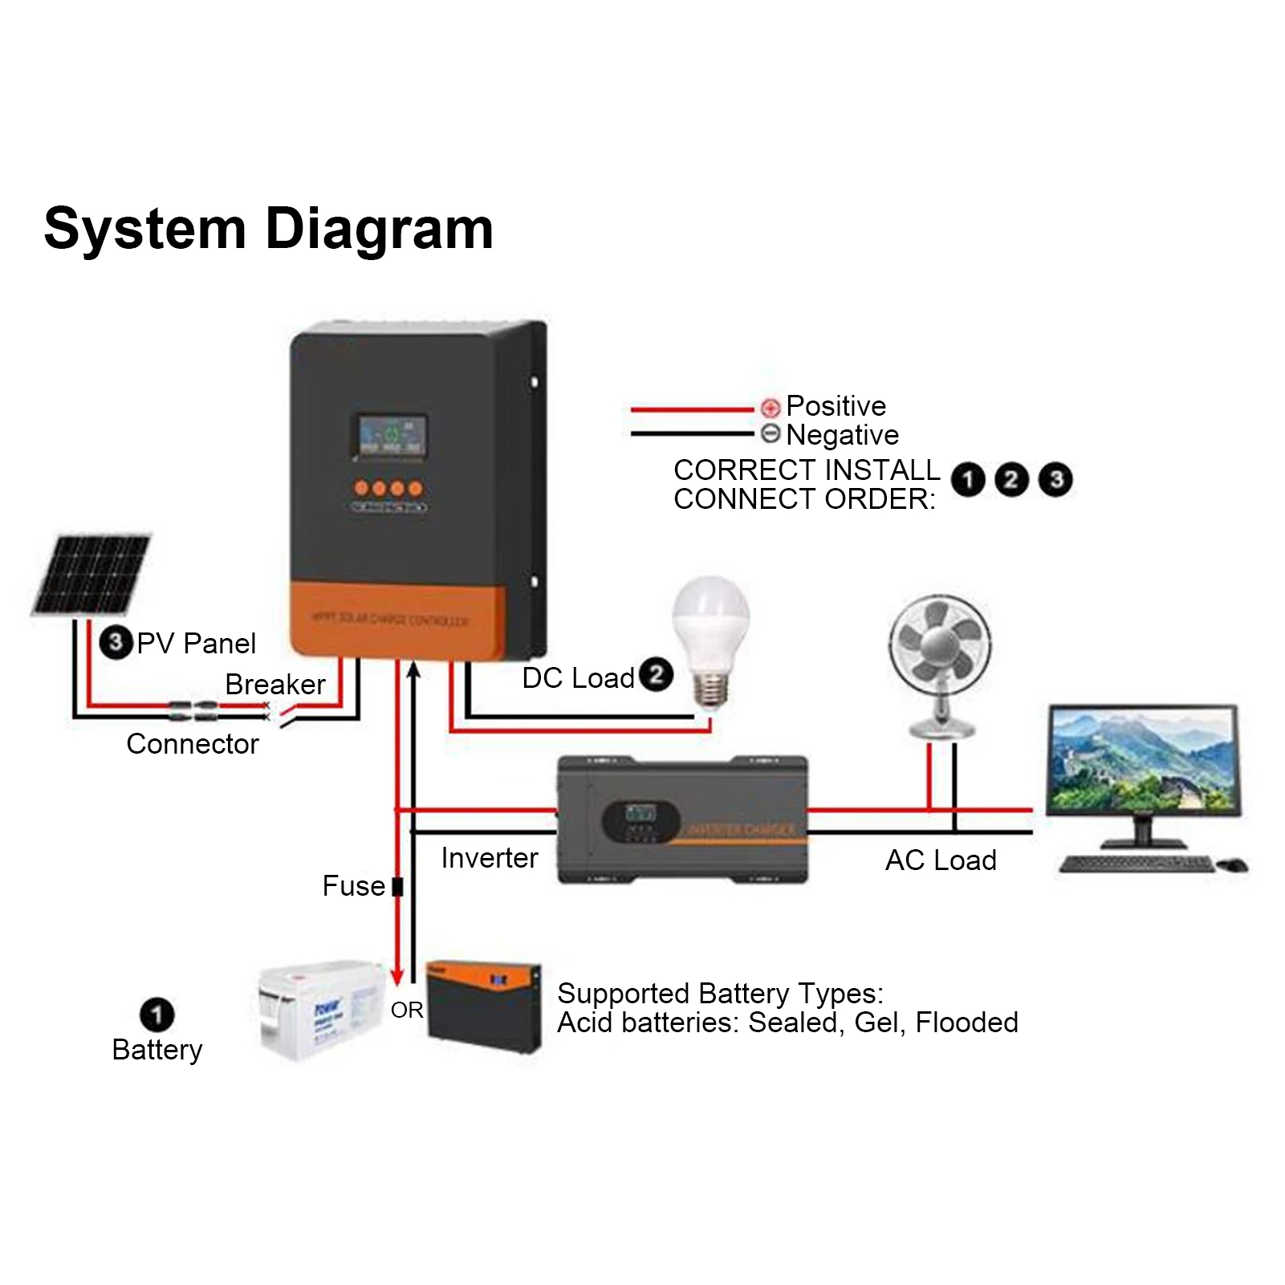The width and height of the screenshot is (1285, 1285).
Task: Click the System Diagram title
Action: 268,230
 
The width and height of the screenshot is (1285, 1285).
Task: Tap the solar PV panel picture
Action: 91,575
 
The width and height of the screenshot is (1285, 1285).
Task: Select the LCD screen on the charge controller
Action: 391,437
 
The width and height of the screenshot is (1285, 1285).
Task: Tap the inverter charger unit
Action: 683,819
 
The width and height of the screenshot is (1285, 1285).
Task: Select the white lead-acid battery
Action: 321,1011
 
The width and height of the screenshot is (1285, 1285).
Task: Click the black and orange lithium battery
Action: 484,1006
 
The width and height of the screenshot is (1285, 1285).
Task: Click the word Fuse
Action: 353,886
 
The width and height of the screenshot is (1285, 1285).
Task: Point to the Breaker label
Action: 274,685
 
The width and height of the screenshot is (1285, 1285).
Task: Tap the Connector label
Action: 193,744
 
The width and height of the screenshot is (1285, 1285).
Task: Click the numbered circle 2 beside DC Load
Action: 656,675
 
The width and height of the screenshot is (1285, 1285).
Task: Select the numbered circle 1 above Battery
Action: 157,1015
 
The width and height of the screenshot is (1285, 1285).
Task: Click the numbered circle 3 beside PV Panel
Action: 116,642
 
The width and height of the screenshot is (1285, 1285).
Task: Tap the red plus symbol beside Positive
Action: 771,407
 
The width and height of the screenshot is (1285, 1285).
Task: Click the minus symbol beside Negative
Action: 771,434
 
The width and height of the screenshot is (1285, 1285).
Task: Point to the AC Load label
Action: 941,860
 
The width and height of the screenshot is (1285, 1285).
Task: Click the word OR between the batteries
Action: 407,1011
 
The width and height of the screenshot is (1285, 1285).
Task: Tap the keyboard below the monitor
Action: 1135,864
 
